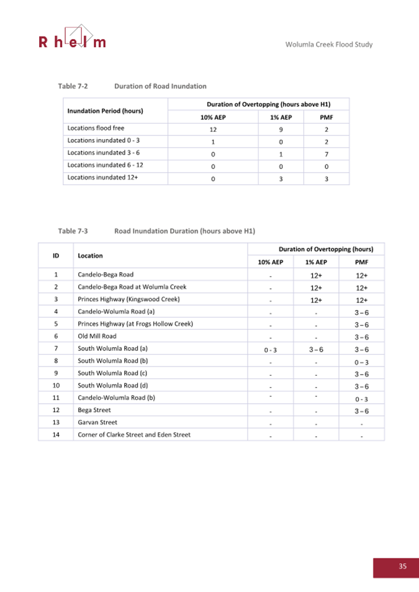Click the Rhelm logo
[72, 37]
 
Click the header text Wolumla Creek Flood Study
[328, 45]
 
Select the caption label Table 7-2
[73, 86]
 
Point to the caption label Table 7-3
[73, 230]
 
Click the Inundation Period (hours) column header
[105, 111]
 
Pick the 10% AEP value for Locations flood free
[213, 129]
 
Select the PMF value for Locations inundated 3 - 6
[326, 153]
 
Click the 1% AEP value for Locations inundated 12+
[281, 178]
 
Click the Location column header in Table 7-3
[91, 255]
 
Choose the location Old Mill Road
[97, 336]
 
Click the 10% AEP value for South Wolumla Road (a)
[271, 349]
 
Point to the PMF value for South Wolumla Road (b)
[362, 362]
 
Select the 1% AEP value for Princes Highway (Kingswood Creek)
[315, 299]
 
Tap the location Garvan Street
[97, 422]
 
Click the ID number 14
[56, 434]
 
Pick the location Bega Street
[94, 410]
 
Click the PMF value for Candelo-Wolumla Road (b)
[362, 399]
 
